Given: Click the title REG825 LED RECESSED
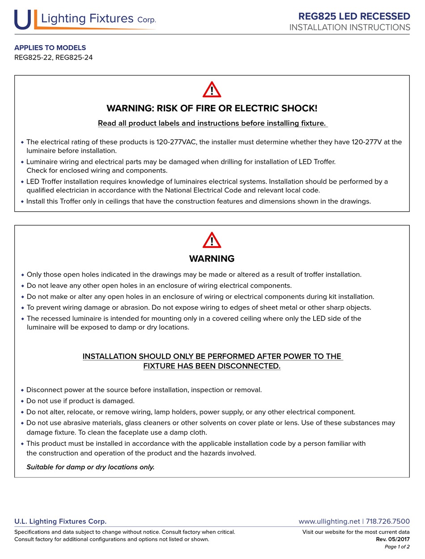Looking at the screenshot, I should click(354, 17).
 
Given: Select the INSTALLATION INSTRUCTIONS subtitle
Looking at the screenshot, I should click(349, 27).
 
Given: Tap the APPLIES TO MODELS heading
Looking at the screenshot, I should click(50, 47).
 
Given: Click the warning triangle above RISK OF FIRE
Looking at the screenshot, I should click(212, 90).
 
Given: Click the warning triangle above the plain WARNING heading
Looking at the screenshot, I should click(212, 240).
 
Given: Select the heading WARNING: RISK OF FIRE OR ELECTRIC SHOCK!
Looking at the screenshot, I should click(212, 108).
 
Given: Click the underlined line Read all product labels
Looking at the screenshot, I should click(212, 123).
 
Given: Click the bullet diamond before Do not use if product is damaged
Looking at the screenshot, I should click(22, 401).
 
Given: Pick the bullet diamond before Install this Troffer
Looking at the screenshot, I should click(22, 201).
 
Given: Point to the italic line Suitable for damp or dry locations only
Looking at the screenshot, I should click(90, 467).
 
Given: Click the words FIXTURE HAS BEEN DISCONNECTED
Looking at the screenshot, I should click(212, 366).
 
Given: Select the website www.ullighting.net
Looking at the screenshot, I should click(329, 521).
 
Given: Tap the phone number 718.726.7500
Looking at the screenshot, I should click(388, 521).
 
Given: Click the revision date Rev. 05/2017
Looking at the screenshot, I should click(393, 539).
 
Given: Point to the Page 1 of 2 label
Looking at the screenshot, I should click(397, 547).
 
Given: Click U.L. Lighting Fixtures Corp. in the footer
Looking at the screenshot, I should click(60, 521).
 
